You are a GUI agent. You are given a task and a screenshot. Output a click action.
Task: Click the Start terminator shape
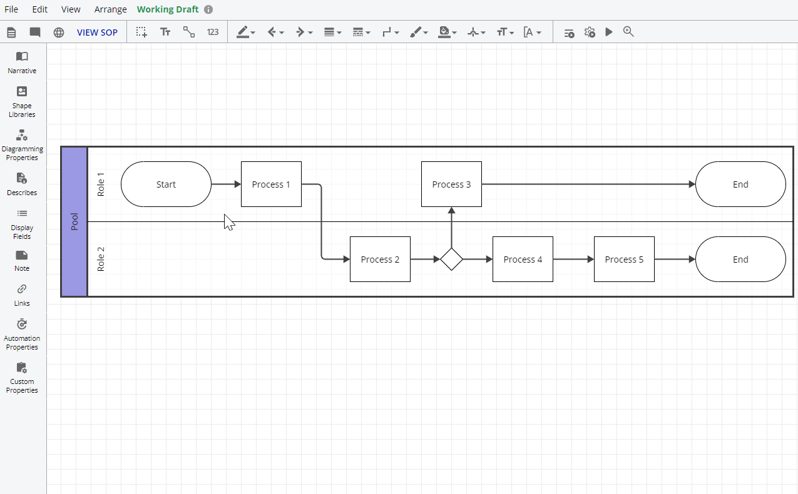coord(166,184)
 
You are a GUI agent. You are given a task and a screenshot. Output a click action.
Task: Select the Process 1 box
coord(271,184)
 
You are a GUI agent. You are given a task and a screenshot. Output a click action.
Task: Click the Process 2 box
coord(380,260)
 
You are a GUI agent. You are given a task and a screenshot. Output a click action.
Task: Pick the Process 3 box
coord(451,184)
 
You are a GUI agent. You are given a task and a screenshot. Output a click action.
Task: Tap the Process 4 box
coord(523,260)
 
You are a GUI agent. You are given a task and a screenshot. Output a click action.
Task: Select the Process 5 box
coord(624,260)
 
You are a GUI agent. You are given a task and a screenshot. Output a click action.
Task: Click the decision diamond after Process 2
coord(451,259)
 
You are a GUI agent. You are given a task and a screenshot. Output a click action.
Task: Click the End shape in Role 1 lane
coord(740,184)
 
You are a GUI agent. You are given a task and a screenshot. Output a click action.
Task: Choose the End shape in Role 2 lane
coord(740,260)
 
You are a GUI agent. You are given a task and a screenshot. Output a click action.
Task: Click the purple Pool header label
coord(74,221)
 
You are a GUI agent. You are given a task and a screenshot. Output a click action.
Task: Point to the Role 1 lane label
coord(101,184)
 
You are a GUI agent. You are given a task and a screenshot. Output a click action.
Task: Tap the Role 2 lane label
coord(101,259)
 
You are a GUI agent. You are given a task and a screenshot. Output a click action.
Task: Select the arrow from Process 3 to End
coord(588,184)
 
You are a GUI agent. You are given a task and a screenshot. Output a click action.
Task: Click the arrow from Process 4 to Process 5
coord(573,260)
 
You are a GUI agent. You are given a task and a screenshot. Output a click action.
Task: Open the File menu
coord(11,9)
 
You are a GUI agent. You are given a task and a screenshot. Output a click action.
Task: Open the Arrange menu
coord(110,9)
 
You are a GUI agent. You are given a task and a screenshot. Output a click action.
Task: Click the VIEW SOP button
coord(97,33)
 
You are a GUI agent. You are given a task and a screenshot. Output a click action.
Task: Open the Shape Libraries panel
coord(22,101)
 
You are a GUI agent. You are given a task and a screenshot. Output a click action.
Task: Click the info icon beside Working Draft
coord(208,9)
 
